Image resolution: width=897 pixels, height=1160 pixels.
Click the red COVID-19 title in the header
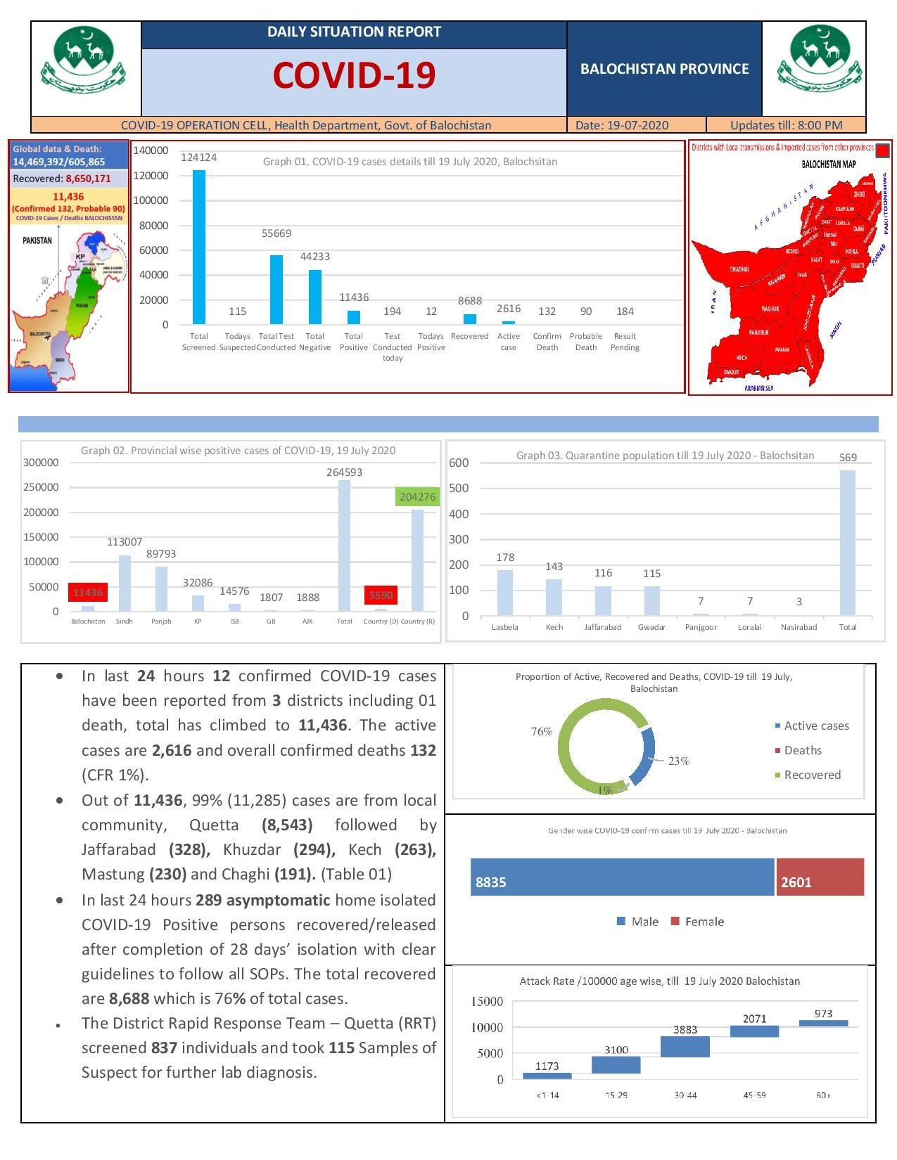[x=354, y=75]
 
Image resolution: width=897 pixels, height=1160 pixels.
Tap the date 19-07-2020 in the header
[x=621, y=125]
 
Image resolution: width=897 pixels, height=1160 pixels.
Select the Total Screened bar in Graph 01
[x=199, y=247]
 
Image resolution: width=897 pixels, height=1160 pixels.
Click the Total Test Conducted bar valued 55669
[x=276, y=289]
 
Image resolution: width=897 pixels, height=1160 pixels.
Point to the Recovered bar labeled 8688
[x=470, y=318]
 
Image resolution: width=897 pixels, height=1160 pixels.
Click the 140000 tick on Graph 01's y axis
[x=151, y=150]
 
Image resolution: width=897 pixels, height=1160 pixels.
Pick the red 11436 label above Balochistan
[x=88, y=593]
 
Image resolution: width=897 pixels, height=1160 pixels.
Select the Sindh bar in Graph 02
[x=125, y=583]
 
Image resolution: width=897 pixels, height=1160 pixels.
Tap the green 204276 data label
[x=417, y=497]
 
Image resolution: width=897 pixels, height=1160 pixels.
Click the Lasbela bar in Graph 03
[x=505, y=593]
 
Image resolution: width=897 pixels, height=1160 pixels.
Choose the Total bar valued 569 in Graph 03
[x=848, y=543]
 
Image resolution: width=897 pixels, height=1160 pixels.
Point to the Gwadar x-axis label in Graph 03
[x=651, y=627]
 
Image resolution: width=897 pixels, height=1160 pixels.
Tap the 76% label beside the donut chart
[x=542, y=732]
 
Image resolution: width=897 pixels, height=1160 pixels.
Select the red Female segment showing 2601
[x=820, y=877]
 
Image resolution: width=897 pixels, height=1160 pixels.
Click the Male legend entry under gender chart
[x=638, y=922]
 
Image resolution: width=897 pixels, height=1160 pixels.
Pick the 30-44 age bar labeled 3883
[x=685, y=1046]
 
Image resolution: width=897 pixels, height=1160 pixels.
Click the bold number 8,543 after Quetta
[x=286, y=825]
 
